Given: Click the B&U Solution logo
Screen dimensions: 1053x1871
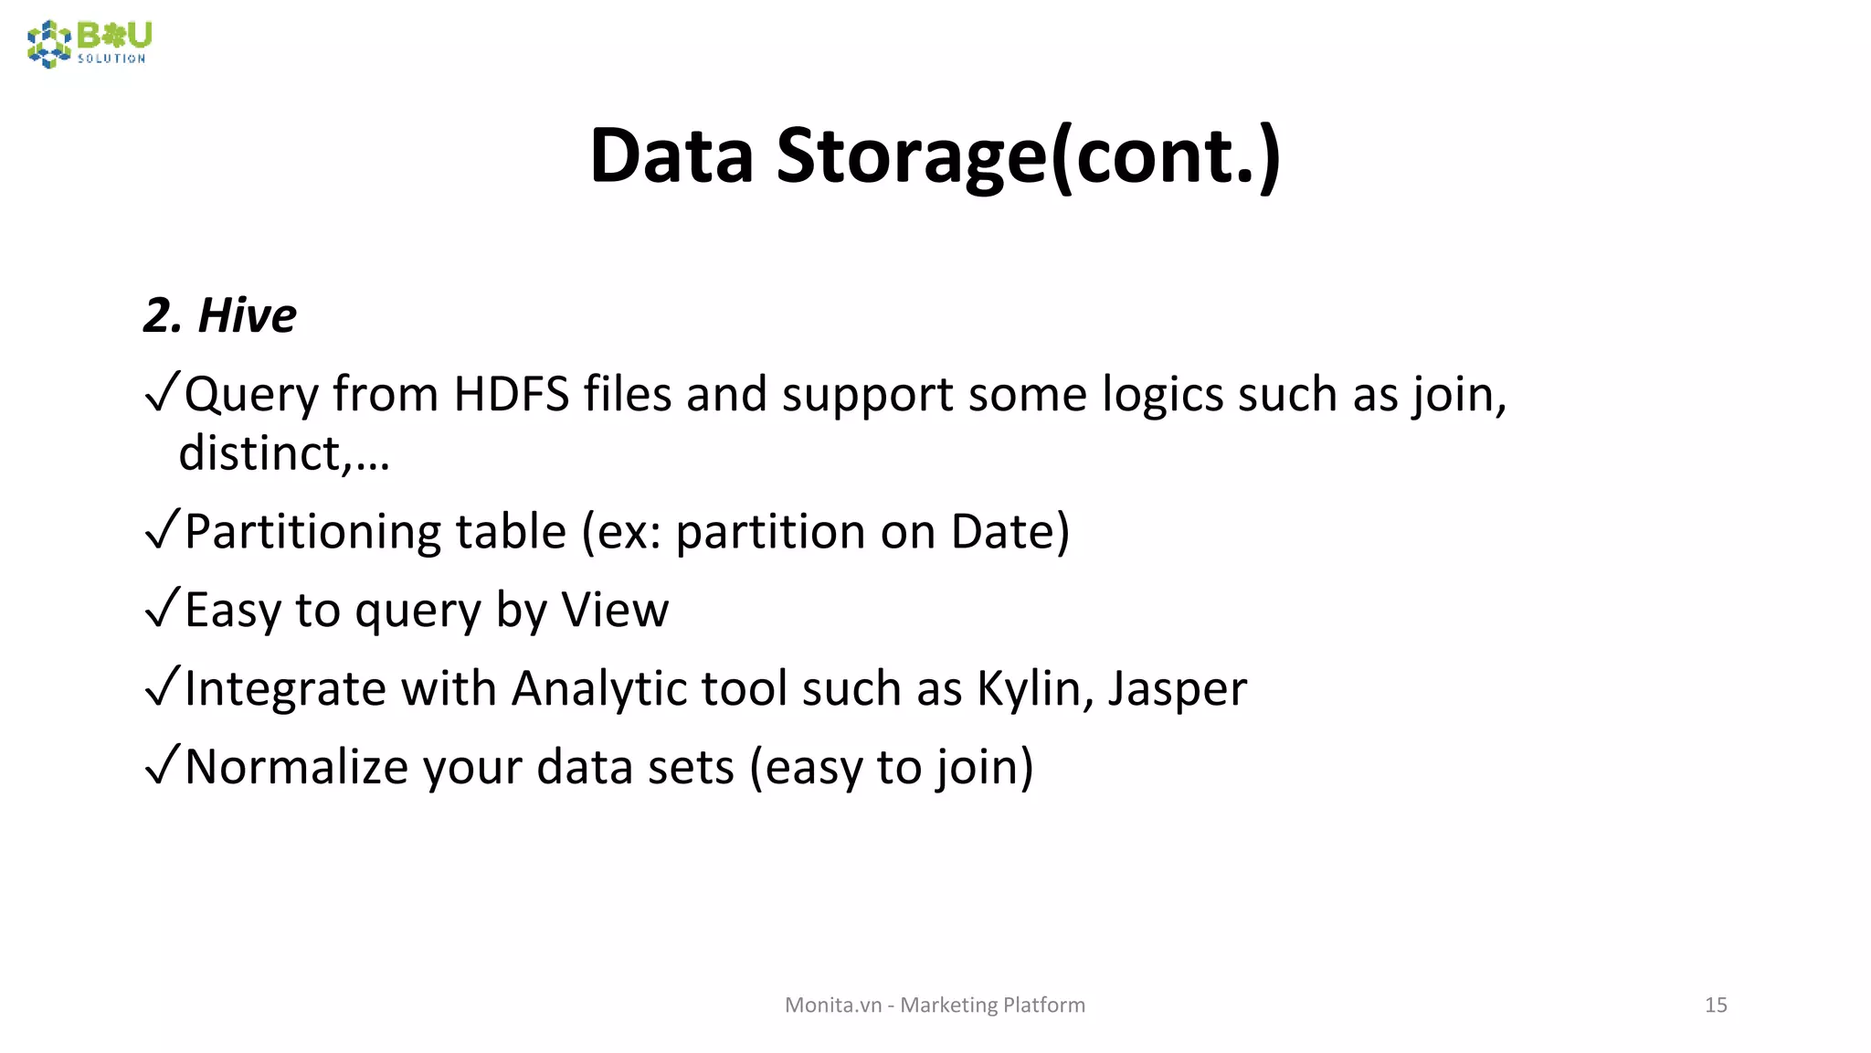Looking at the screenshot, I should [x=89, y=43].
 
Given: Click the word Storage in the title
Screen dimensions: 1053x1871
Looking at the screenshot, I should [x=910, y=155].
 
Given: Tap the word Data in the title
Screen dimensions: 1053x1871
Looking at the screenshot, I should [x=671, y=155].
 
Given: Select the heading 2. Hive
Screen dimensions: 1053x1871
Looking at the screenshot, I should [x=220, y=315].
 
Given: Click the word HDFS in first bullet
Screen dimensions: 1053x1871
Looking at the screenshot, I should [x=511, y=395].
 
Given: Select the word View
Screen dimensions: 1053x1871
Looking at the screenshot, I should [x=614, y=611].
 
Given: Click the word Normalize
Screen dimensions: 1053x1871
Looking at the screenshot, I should [x=296, y=767].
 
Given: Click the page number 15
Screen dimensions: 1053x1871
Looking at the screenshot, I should [x=1715, y=1005].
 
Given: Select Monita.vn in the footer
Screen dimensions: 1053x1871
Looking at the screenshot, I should [x=832, y=1005].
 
